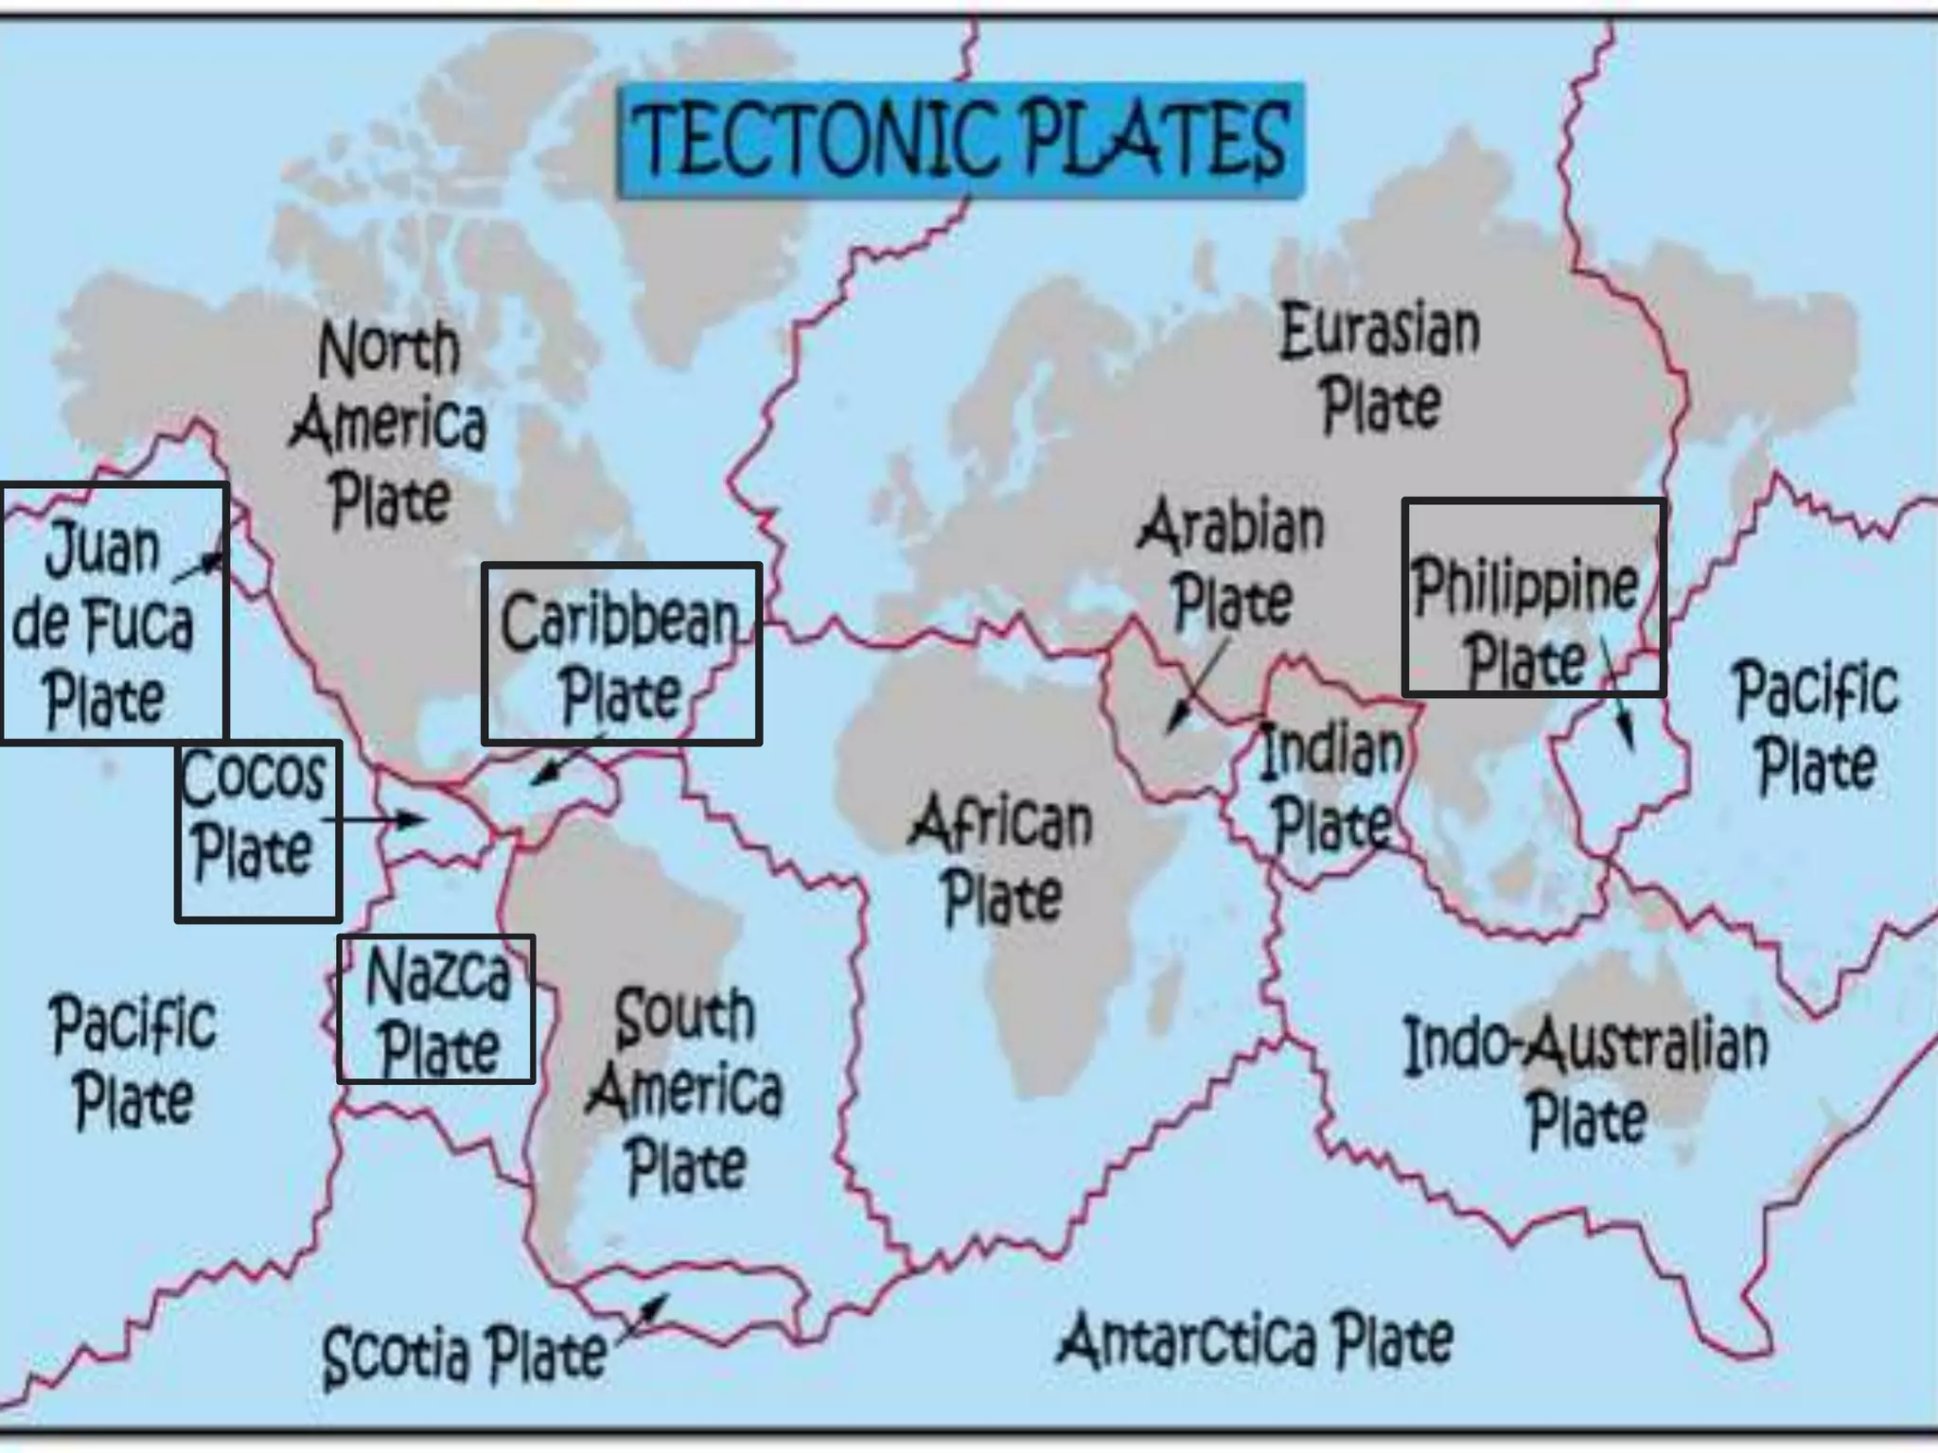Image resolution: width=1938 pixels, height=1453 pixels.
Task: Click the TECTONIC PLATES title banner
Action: pyautogui.click(x=960, y=140)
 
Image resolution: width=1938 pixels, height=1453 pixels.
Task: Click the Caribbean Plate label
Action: pyautogui.click(x=620, y=658)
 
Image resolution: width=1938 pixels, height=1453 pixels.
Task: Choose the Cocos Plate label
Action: pyautogui.click(x=254, y=814)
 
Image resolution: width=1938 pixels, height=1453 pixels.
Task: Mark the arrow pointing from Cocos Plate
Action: pyautogui.click(x=375, y=819)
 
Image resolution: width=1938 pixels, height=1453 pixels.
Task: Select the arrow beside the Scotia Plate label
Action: pyautogui.click(x=643, y=1317)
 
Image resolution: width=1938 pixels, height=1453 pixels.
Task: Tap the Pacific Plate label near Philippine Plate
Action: pyautogui.click(x=1815, y=726)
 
